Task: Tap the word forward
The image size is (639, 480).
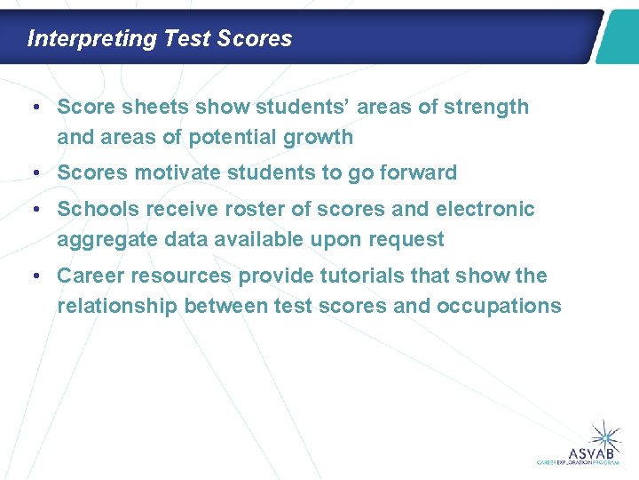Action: pyautogui.click(x=416, y=173)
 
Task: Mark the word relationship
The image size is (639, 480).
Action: pyautogui.click(x=116, y=307)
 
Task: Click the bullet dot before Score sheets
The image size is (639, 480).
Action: pyautogui.click(x=33, y=108)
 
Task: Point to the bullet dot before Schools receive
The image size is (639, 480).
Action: pyautogui.click(x=33, y=210)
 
